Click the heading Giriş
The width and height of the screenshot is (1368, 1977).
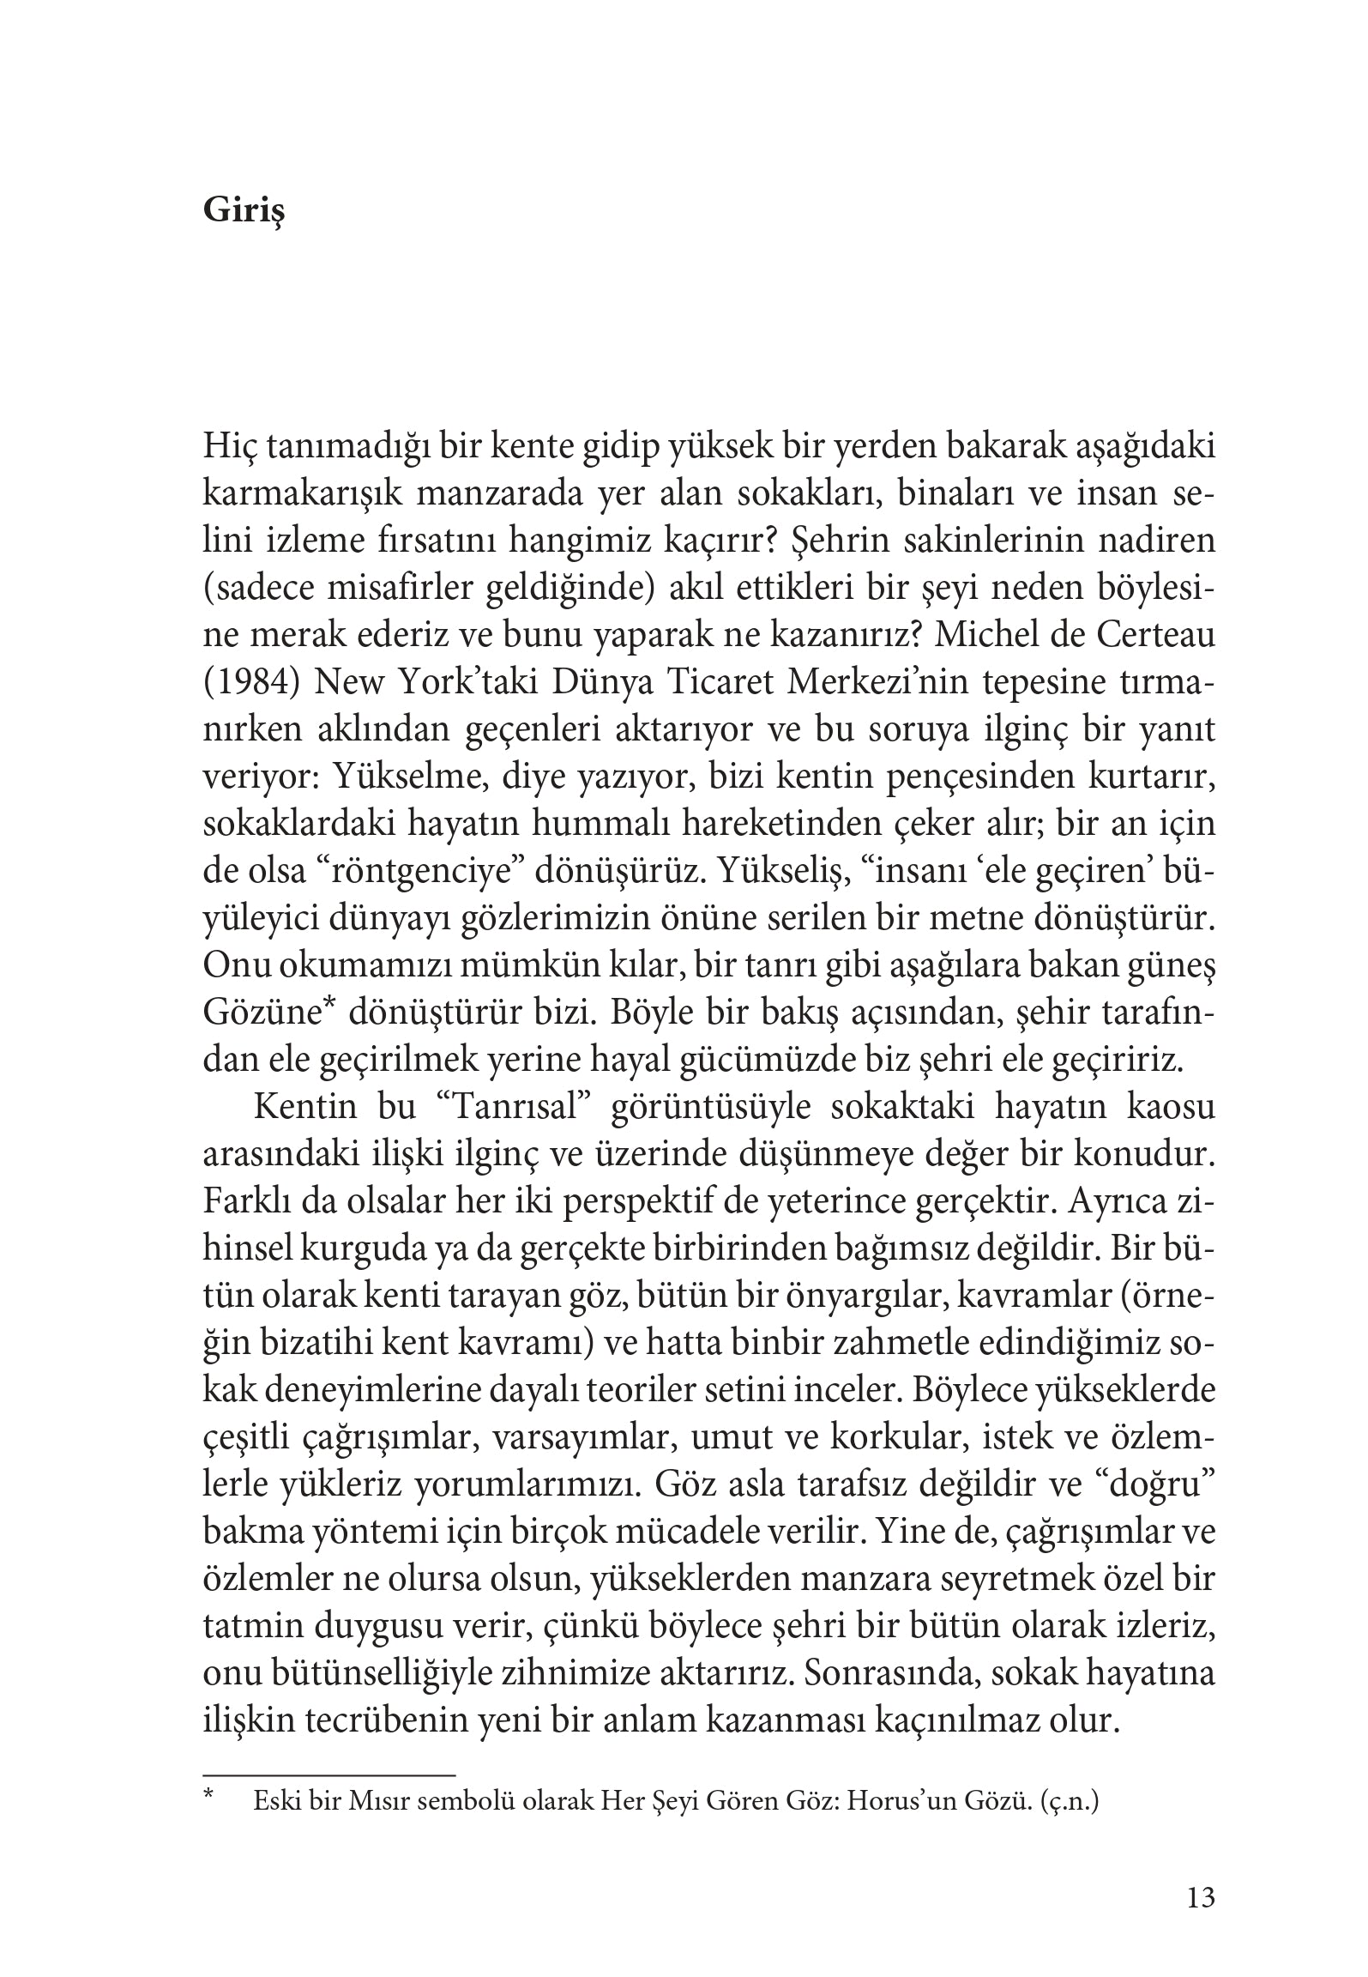click(244, 211)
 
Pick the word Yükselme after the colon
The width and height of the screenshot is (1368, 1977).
click(401, 777)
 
